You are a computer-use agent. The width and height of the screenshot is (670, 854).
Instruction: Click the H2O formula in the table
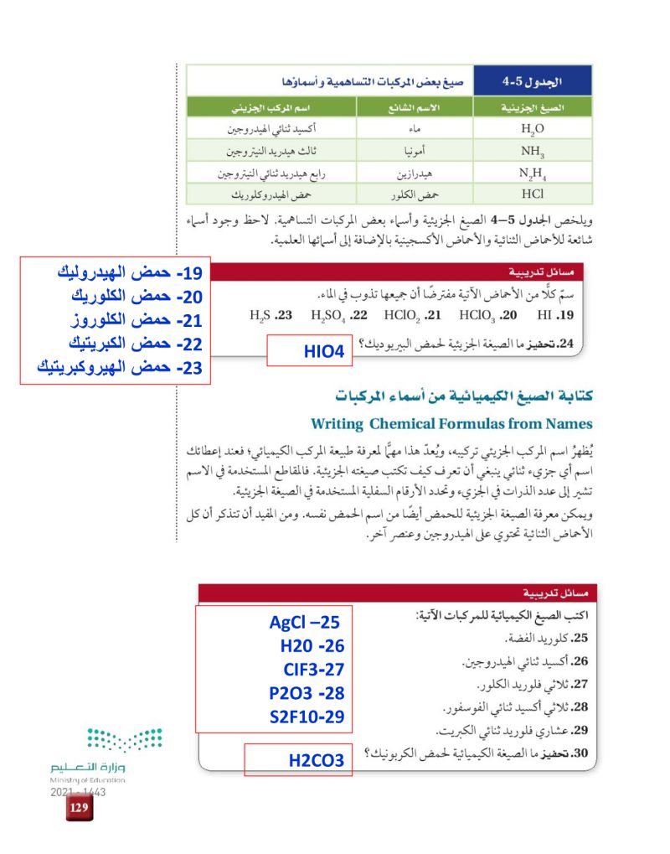click(532, 129)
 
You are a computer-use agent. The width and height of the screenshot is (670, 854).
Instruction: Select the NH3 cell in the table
click(532, 153)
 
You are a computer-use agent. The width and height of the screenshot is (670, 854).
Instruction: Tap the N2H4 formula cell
click(532, 175)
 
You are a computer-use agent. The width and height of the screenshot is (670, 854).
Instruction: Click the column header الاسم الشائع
click(415, 108)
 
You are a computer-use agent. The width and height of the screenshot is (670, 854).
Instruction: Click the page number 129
click(80, 808)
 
